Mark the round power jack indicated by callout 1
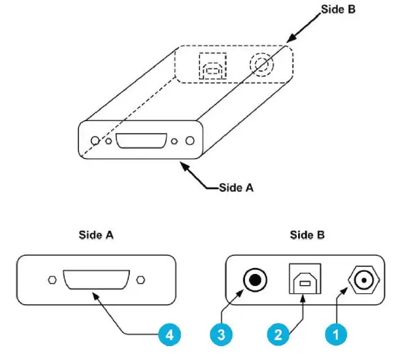click(x=362, y=281)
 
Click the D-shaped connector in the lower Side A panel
click(x=95, y=281)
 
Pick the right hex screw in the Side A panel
click(x=140, y=281)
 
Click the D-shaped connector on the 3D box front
click(x=140, y=142)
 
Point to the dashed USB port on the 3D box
click(x=213, y=66)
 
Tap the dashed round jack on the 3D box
click(x=260, y=65)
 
